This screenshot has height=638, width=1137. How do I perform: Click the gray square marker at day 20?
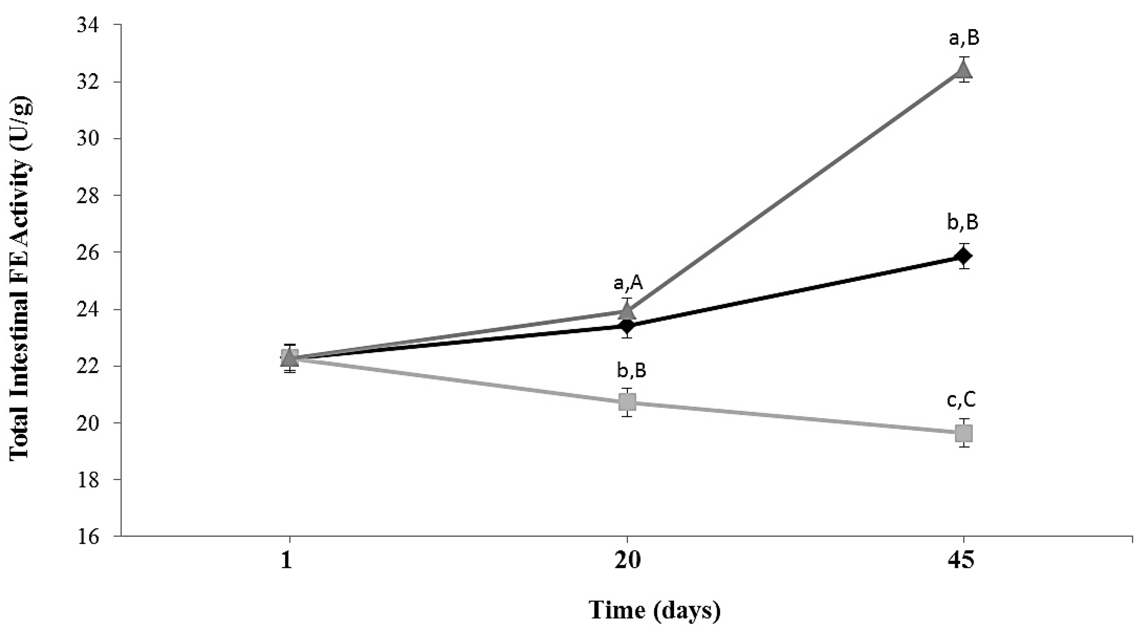coord(627,402)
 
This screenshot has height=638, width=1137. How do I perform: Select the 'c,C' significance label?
coord(961,401)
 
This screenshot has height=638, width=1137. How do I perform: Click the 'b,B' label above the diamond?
coord(963,223)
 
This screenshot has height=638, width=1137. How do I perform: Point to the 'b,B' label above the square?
coord(631,371)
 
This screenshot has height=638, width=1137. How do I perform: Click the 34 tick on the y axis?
coord(88,25)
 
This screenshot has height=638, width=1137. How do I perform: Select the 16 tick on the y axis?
coord(88,536)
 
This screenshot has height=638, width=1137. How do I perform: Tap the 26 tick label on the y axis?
coord(88,252)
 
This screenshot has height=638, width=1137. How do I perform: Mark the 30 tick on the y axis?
coord(88,139)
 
